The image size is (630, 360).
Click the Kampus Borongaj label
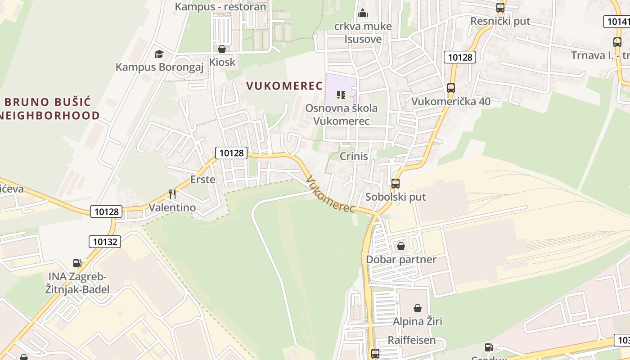coord(159,67)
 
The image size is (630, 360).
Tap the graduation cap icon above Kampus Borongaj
coord(159,54)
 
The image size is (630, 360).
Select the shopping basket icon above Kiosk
coord(221,49)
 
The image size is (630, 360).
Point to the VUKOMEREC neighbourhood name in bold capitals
coord(284,86)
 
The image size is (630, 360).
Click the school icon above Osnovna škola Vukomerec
coord(341,95)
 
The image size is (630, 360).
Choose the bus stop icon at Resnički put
coord(500,8)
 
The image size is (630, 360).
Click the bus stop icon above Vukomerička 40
coord(451,88)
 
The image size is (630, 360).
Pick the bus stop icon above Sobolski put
coord(395,184)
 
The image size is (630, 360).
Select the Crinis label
coord(354,156)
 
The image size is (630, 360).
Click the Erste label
coord(202,180)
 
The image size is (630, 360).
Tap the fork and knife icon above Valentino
coord(172,194)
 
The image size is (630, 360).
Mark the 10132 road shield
coord(105,242)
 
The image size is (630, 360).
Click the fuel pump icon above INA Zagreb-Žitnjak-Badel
coord(77,263)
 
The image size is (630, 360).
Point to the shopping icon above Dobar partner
coord(400,246)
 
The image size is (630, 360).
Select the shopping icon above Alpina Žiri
coord(418,308)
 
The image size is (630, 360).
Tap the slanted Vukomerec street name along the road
coord(330,194)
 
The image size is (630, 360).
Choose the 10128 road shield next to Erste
coord(231,153)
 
